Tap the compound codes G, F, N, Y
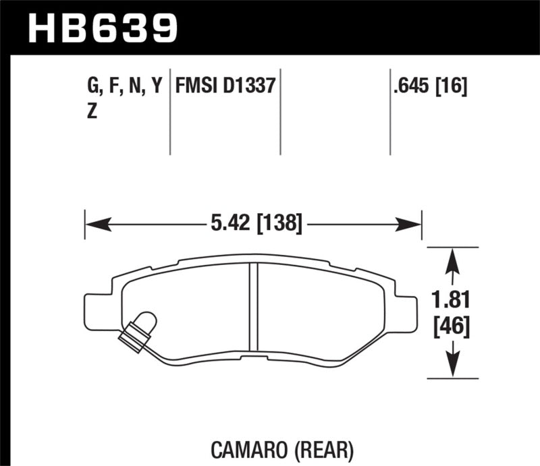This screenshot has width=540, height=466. [125, 86]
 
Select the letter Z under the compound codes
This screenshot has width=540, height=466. [92, 112]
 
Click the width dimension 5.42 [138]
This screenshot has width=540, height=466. [253, 223]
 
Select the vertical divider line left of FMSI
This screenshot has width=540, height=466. [169, 111]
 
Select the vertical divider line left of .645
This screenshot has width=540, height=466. [390, 111]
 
